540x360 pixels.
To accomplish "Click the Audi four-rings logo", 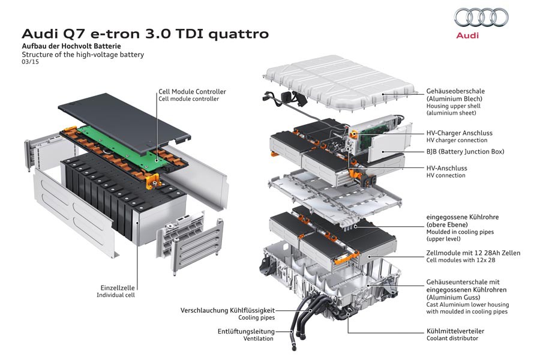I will point(481,18).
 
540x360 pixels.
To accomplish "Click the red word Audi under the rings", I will point(468,36).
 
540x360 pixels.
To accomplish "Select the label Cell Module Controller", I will point(192,92).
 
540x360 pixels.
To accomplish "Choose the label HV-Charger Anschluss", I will point(460,132).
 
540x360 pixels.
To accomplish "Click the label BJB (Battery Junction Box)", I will point(465,152).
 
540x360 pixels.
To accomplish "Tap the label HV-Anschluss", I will point(446,169).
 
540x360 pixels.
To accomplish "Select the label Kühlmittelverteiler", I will point(455,331).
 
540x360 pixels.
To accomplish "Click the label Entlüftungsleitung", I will point(246,331).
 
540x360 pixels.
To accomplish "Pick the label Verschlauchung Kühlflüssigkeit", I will point(227,310).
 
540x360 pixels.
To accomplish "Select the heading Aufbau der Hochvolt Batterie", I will point(71,46).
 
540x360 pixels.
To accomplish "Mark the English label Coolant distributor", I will point(452,338).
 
